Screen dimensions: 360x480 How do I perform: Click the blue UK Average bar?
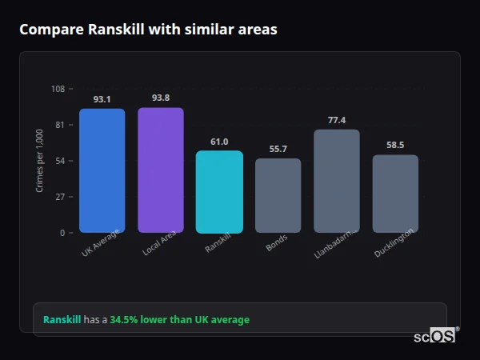[102, 170]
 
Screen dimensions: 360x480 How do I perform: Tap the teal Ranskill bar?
[219, 192]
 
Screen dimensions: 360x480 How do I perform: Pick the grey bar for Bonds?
[278, 195]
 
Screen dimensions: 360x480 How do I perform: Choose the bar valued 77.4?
[337, 181]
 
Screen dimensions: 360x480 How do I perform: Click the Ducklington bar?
[395, 194]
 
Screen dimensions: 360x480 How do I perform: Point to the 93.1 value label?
[102, 99]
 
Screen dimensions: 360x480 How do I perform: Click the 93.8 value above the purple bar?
[160, 98]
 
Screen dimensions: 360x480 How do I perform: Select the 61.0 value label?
[219, 142]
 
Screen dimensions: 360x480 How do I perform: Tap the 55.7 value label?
[278, 149]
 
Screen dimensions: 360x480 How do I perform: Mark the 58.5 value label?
[395, 145]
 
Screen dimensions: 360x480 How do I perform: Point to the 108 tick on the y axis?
[58, 89]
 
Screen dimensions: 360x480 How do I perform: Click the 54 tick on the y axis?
[60, 161]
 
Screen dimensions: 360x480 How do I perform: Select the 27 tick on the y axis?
[60, 197]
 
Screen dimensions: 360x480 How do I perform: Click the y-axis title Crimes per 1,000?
[40, 161]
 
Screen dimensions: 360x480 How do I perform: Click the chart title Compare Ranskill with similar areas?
[148, 30]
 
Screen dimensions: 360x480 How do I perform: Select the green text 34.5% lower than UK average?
[179, 319]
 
